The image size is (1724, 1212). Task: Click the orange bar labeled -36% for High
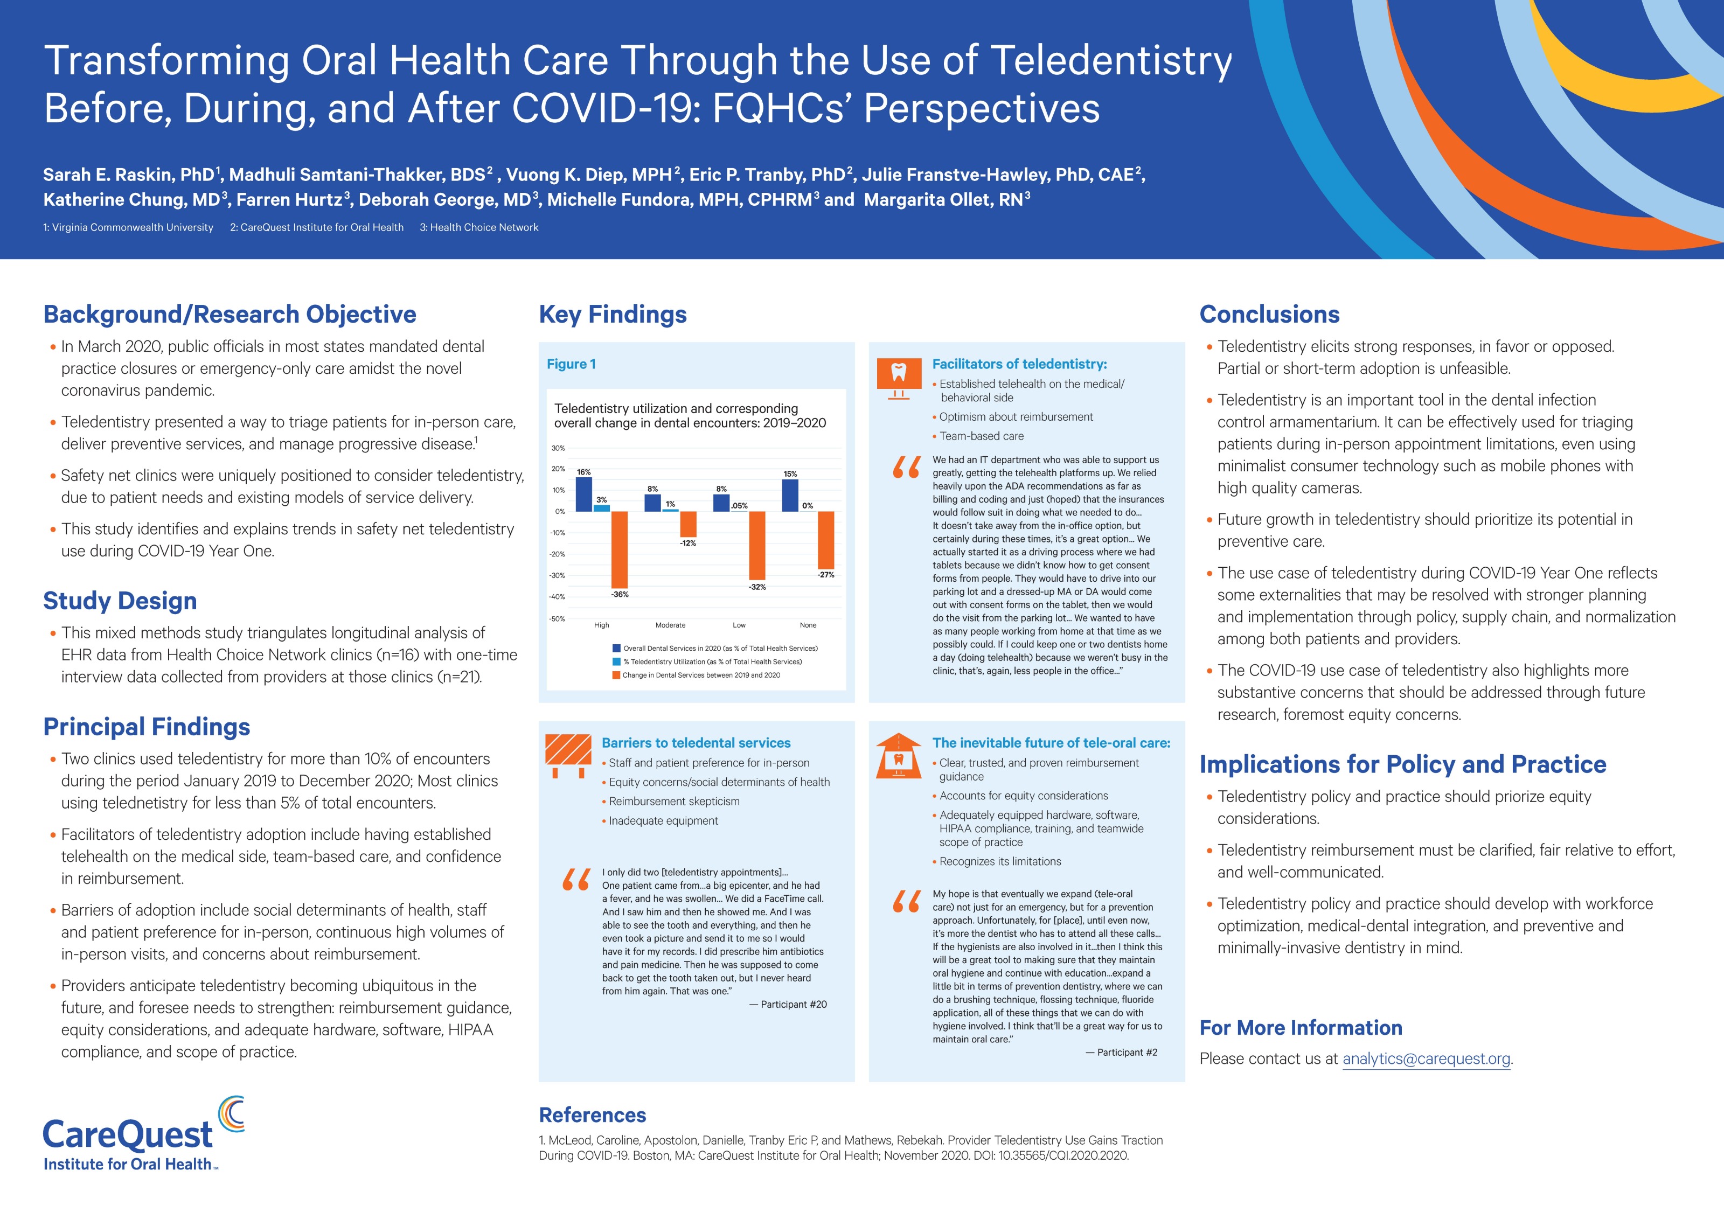(x=620, y=549)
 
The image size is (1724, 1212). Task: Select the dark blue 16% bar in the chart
(x=583, y=494)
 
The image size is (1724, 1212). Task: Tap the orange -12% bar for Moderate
(x=688, y=524)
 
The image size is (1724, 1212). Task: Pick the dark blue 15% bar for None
(x=790, y=495)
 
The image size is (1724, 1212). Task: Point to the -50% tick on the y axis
(x=557, y=619)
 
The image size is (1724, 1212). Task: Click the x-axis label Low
(x=739, y=625)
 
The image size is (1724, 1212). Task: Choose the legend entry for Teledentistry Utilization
(x=712, y=661)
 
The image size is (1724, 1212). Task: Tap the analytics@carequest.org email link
(x=1426, y=1059)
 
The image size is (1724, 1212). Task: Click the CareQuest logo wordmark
(x=128, y=1134)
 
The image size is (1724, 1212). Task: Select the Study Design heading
(x=120, y=601)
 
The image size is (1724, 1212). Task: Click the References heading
(x=593, y=1115)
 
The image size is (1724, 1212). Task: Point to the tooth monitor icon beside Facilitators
(x=898, y=378)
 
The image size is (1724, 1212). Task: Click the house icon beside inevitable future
(x=898, y=756)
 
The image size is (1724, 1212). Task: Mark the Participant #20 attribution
(x=788, y=1005)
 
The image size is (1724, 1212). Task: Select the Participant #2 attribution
(x=1121, y=1053)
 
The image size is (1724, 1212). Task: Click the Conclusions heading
(x=1269, y=315)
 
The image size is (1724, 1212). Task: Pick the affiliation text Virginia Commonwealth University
(x=132, y=227)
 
